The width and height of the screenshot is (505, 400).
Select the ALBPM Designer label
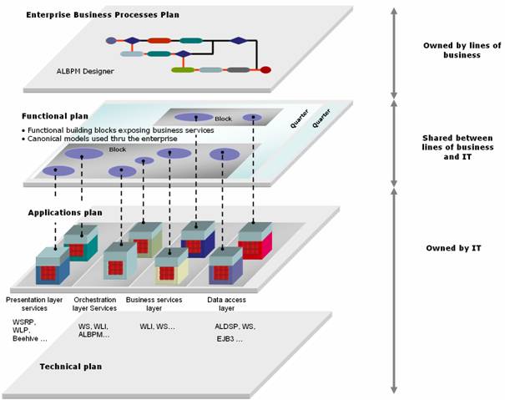[86, 72]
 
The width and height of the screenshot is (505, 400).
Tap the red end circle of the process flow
[265, 70]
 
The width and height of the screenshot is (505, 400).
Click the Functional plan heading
[55, 116]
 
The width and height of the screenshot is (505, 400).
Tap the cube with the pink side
[255, 241]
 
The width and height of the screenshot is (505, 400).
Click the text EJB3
[228, 339]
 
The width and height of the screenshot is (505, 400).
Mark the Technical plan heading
[70, 367]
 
